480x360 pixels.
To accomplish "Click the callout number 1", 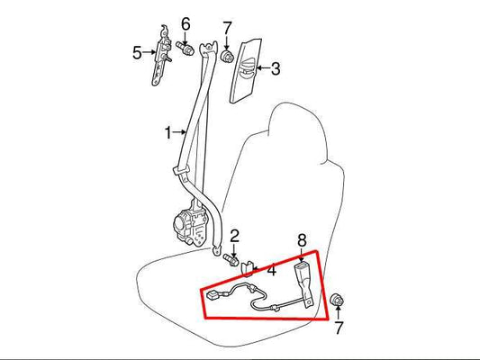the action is pos(168,132).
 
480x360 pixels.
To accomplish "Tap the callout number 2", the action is pos(234,237).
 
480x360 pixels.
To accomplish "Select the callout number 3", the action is pos(276,68).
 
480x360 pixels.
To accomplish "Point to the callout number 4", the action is pos(271,271).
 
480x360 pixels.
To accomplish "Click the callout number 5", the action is pos(137,52).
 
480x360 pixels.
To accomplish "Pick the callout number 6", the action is pos(186,24).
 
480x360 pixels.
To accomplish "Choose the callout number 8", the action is pos(302,240).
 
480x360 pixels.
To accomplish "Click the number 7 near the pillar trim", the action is pos(227,29).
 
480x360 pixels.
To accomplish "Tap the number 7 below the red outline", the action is pos(339,328).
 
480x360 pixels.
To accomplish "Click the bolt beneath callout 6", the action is pos(185,49).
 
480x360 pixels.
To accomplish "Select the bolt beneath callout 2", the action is pos(231,260).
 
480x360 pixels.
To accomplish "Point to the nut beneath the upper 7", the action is pos(227,57).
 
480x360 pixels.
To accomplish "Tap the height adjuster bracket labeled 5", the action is pos(161,55).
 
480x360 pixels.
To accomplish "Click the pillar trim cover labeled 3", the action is pos(245,71).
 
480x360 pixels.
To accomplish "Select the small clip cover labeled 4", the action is pos(248,268).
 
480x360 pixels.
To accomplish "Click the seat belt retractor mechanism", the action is pos(190,223).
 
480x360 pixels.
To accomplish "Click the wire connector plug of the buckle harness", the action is pos(213,295).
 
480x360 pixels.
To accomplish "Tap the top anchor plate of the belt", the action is pos(209,48).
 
